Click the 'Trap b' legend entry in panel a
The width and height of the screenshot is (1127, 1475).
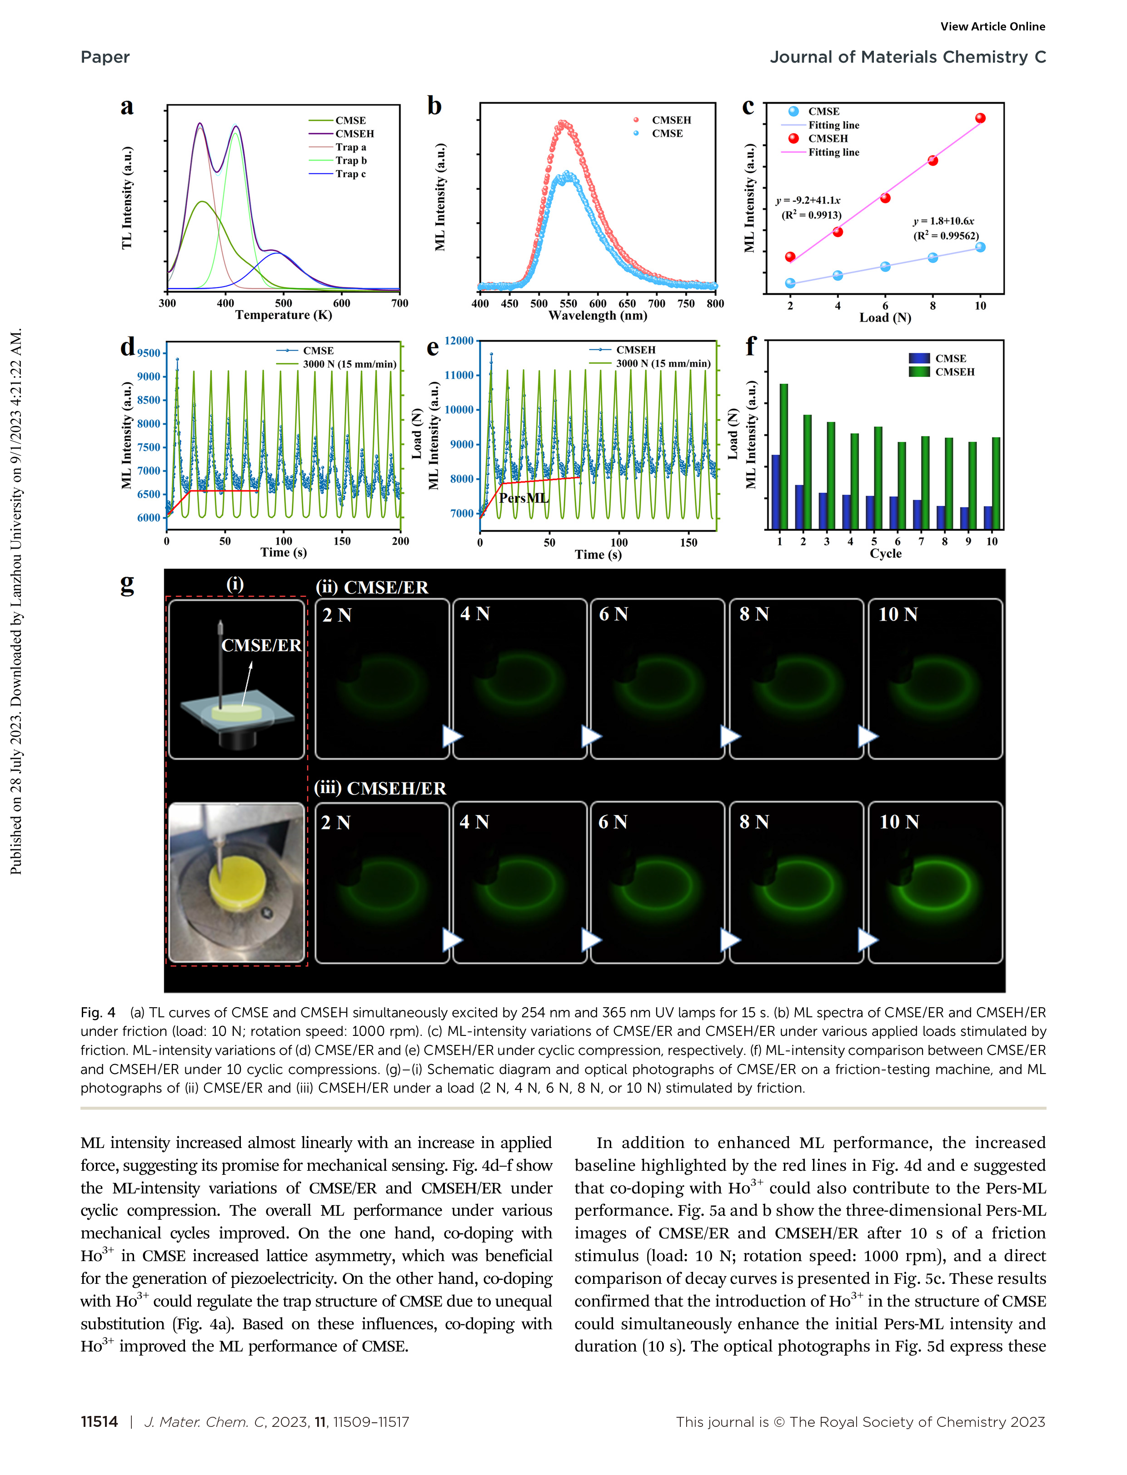click(x=350, y=160)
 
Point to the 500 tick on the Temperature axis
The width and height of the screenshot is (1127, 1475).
click(x=283, y=303)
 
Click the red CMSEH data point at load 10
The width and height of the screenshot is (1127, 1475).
click(x=980, y=118)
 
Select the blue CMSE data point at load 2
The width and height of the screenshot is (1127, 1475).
click(x=790, y=283)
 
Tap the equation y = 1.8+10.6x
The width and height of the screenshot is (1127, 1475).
click(x=943, y=221)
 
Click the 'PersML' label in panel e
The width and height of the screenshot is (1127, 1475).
click(x=523, y=498)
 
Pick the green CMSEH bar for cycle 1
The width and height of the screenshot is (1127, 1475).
click(x=783, y=456)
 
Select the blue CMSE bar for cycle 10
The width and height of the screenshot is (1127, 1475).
click(x=987, y=518)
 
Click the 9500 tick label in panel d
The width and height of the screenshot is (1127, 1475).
click(x=149, y=353)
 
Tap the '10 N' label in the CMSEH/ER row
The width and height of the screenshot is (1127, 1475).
click(x=899, y=822)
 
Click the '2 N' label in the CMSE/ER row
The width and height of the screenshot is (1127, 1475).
click(x=337, y=615)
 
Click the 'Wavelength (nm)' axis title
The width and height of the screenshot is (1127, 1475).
click(x=597, y=316)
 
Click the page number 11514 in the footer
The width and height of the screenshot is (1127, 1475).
click(x=99, y=1421)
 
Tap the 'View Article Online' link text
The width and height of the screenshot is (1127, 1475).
click(x=992, y=27)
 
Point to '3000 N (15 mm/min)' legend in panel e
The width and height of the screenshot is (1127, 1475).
click(x=663, y=363)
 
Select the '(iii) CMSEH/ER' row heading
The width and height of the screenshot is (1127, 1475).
click(x=380, y=788)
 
